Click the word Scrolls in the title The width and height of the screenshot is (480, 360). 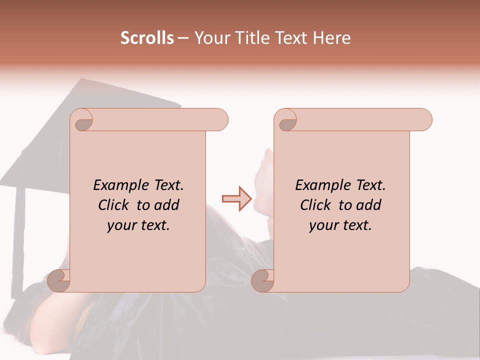point(147,38)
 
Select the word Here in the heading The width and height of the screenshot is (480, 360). point(331,38)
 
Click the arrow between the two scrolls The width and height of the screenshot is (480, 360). point(236,199)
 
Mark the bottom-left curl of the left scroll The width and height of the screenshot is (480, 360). point(59,280)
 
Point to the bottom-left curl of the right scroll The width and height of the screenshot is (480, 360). point(263,280)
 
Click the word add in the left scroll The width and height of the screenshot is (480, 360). point(166,205)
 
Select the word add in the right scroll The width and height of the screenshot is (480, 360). point(368,205)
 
